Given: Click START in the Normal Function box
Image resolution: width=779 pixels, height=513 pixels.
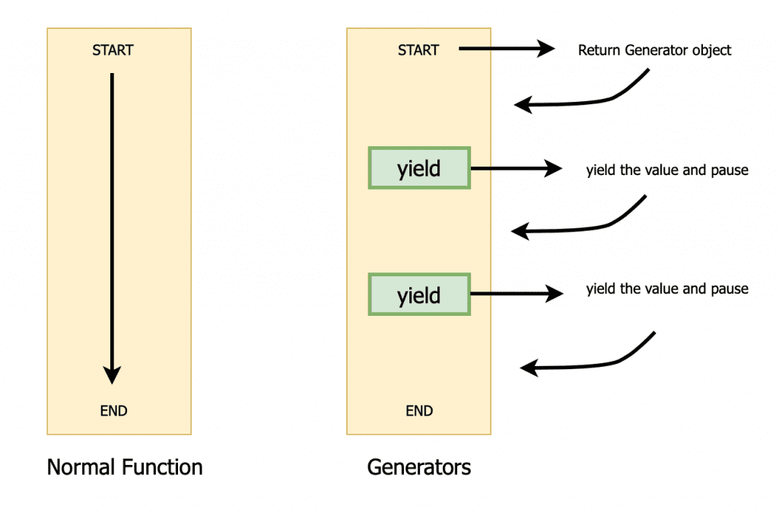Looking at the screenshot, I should [113, 51].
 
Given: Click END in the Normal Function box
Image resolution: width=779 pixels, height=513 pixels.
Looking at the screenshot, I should [113, 411].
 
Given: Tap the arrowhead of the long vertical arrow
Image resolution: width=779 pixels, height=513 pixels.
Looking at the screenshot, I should [112, 374].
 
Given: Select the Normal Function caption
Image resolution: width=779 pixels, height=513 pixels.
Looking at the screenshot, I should [125, 467].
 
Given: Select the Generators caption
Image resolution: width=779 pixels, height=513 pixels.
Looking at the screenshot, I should [418, 467].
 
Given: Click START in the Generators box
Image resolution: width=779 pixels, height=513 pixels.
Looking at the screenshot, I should [418, 51].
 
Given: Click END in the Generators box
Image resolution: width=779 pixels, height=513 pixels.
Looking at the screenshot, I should [419, 411].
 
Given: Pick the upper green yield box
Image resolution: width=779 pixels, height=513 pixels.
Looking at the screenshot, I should [419, 167].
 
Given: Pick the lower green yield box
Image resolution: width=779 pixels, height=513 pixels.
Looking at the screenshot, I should [419, 295].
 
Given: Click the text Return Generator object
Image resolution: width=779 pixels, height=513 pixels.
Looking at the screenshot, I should [654, 51].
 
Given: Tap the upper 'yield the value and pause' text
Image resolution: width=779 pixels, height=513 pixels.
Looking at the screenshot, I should [666, 170].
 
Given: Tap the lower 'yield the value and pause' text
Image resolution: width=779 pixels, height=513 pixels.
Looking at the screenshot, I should [666, 289].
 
